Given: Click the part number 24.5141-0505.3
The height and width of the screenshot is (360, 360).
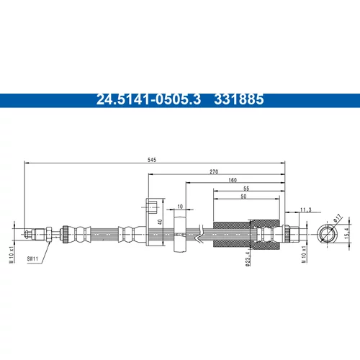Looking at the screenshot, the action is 148,99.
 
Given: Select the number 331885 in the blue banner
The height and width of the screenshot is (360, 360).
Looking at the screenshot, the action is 239,99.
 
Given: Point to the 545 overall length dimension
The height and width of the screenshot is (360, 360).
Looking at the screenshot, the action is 152,160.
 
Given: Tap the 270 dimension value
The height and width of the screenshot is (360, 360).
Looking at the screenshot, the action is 214,171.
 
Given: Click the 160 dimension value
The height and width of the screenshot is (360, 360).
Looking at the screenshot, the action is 233,180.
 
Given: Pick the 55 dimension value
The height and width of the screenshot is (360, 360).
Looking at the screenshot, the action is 246,189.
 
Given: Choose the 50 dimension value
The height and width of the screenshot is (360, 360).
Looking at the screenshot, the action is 243,197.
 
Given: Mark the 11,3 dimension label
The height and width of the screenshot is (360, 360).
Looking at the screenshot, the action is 306,210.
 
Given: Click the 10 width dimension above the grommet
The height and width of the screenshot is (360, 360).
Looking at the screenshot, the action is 180,207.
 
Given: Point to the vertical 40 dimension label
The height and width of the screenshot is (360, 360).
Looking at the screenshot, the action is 161,222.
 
